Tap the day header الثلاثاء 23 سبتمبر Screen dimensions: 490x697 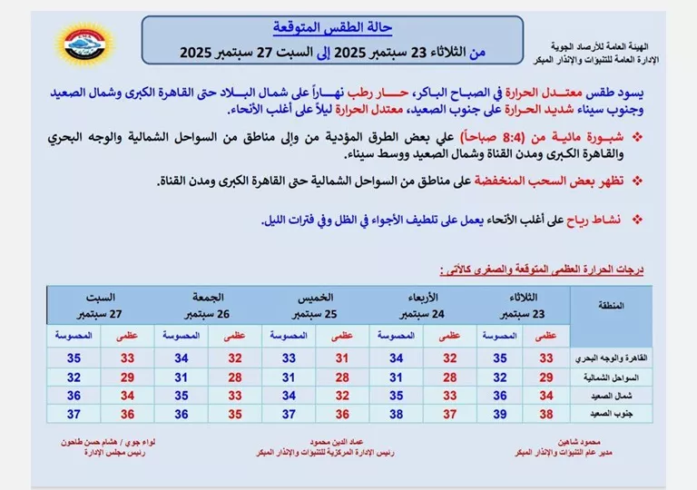(x=518, y=306)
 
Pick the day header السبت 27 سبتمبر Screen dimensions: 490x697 (x=101, y=306)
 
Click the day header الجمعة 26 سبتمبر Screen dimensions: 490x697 (x=207, y=306)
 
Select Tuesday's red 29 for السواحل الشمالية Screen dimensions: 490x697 (x=545, y=376)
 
